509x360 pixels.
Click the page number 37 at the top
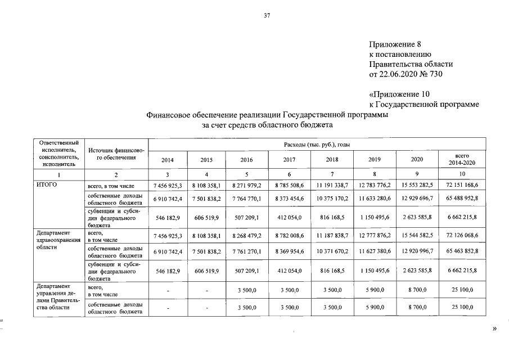coord(267,16)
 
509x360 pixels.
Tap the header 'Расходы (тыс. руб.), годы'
coord(318,145)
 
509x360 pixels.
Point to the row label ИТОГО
coord(46,184)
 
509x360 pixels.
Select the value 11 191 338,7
coord(334,184)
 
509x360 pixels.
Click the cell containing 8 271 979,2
coord(246,184)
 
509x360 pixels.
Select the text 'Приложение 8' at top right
coord(395,44)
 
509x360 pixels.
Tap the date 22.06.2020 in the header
coord(402,73)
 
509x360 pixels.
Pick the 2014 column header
coord(168,160)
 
